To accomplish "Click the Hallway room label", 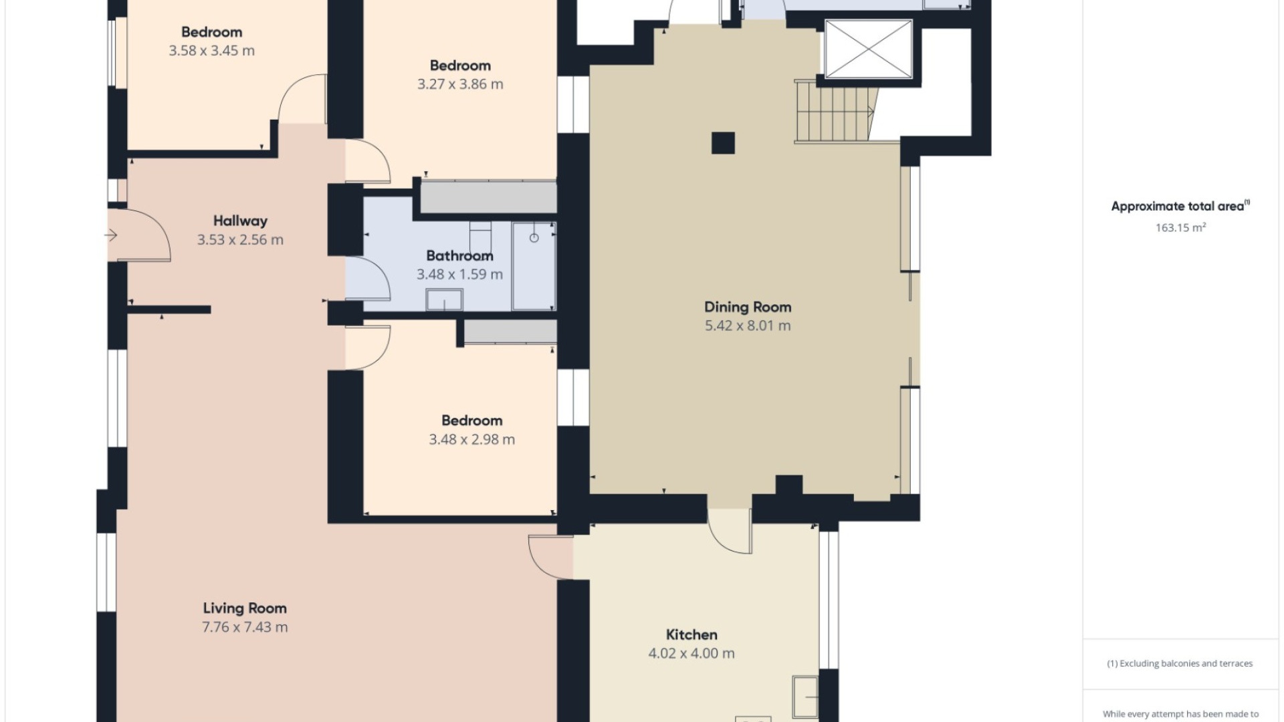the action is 240,221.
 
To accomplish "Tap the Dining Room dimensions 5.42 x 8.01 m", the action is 748,326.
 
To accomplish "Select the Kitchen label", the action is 691,634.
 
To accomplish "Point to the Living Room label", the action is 245,608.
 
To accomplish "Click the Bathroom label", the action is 459,255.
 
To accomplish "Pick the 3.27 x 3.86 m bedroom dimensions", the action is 460,84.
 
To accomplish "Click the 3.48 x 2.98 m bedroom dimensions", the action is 471,439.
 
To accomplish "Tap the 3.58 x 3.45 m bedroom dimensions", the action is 211,51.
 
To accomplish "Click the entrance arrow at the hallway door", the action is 111,235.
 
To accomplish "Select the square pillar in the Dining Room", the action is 723,143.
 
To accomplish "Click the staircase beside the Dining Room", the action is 836,111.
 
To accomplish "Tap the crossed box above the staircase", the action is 868,49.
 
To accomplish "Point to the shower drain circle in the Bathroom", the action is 534,238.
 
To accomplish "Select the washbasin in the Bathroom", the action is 444,299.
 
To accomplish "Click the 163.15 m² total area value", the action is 1180,227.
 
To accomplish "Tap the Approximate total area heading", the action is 1180,206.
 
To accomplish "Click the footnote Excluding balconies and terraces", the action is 1180,663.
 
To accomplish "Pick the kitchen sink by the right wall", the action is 805,697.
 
